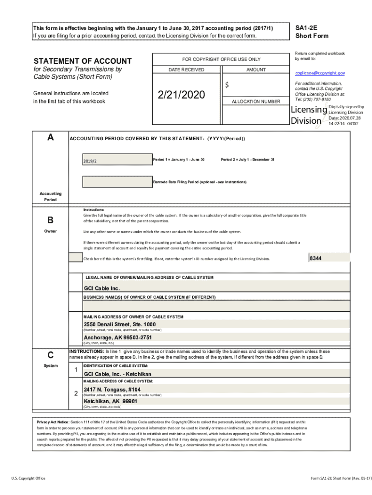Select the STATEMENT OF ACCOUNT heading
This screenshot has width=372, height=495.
82,61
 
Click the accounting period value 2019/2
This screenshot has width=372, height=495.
89,161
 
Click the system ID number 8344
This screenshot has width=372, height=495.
315,259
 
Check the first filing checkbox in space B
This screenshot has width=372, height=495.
75,258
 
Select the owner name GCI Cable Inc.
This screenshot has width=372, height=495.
102,289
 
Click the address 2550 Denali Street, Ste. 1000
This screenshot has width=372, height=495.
120,324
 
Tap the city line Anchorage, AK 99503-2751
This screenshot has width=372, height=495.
118,337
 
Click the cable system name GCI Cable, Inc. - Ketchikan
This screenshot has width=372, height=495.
117,374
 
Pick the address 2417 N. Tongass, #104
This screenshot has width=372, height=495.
112,389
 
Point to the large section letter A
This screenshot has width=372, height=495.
51,137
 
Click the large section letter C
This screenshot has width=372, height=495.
50,354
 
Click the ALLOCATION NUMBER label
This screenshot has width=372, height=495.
256,102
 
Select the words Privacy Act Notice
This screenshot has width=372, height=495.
53,422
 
